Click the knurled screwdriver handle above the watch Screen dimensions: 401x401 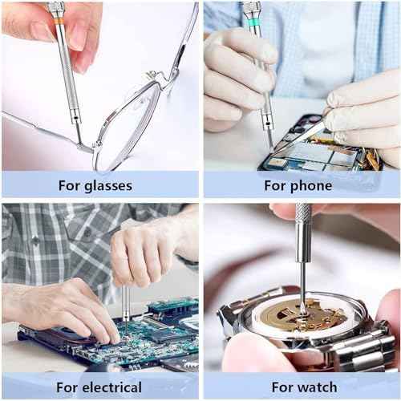pyautogui.click(x=302, y=229)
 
